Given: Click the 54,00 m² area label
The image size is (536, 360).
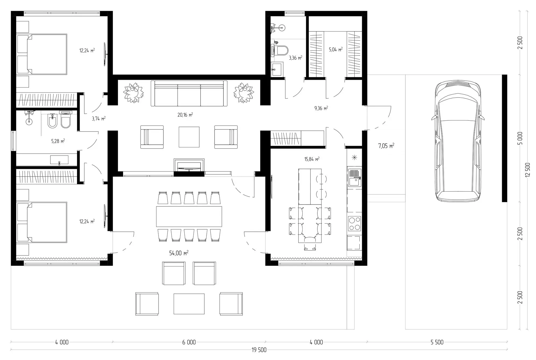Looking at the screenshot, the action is click(x=179, y=253).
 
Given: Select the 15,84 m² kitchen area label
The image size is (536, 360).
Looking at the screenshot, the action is click(x=312, y=159).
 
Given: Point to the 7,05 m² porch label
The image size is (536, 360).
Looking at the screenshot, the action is click(x=386, y=146).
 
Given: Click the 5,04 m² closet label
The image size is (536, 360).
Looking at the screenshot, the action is click(x=336, y=50).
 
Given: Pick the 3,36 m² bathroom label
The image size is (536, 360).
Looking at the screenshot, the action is click(x=295, y=58).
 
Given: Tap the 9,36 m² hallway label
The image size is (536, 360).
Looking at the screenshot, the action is click(x=321, y=108).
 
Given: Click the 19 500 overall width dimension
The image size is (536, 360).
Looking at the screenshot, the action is click(x=259, y=350).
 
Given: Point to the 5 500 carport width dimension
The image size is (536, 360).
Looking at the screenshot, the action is click(x=437, y=342).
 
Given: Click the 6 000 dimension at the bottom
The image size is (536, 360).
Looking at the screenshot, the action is click(x=189, y=342).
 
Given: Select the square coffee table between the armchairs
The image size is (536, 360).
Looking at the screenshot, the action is click(x=189, y=137).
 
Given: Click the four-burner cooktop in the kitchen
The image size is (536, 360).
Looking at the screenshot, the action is click(x=354, y=224).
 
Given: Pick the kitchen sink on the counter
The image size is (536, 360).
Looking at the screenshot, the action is click(x=354, y=178).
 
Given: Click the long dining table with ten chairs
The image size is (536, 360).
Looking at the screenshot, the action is click(x=189, y=216).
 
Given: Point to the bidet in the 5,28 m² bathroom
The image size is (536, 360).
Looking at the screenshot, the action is click(x=52, y=120).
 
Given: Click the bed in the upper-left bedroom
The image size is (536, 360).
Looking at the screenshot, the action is click(x=42, y=54).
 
